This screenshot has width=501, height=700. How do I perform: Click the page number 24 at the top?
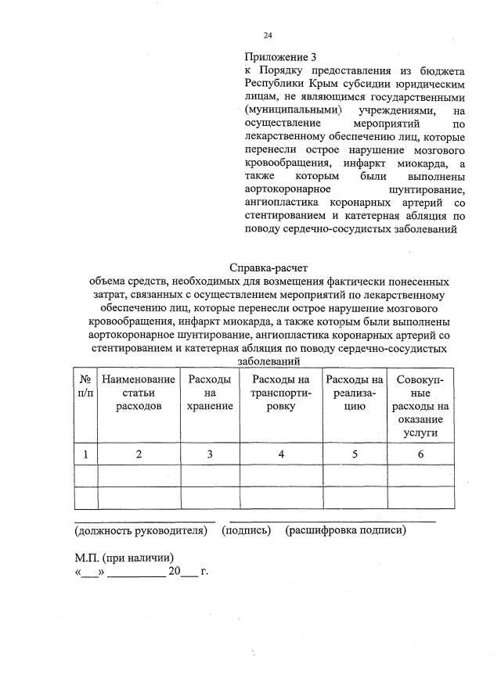pos(268,35)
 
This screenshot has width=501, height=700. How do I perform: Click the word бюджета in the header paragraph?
pos(439,70)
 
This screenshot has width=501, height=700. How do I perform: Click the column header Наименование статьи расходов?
pos(139,393)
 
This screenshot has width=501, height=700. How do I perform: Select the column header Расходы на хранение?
pos(209,393)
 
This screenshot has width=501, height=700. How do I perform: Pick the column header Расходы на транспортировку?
pos(280,393)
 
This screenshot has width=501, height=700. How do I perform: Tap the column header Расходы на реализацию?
pos(354,393)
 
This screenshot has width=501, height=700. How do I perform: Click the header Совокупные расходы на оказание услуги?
pos(420,406)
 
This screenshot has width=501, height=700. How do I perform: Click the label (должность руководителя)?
pos(140,531)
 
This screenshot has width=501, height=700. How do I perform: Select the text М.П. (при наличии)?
pos(123,558)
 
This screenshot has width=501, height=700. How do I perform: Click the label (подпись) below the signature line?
pos(247,531)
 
